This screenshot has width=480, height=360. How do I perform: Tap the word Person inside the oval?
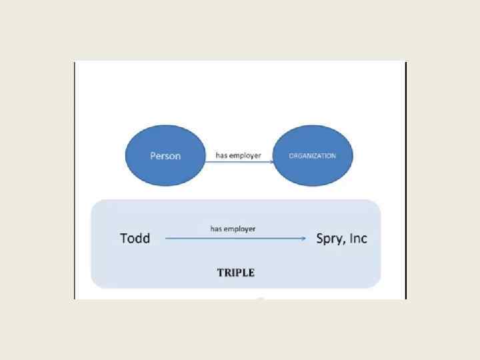[165, 156]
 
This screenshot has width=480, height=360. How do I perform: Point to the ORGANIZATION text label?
[312, 156]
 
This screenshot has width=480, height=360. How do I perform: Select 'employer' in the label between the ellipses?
[246, 156]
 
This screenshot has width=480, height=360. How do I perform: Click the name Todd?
[135, 238]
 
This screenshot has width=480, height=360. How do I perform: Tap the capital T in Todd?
[124, 238]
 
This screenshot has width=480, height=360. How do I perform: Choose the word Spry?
[329, 239]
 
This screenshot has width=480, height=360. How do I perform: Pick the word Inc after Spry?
[359, 238]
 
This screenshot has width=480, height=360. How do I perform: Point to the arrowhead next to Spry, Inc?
[304, 238]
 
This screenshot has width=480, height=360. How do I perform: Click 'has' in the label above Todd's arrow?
[217, 229]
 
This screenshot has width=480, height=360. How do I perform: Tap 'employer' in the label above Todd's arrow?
[241, 229]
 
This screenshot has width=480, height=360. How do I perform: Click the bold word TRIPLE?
[235, 273]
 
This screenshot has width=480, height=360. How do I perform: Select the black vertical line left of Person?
[75, 180]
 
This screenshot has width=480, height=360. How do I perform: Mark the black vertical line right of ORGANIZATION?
[405, 180]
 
